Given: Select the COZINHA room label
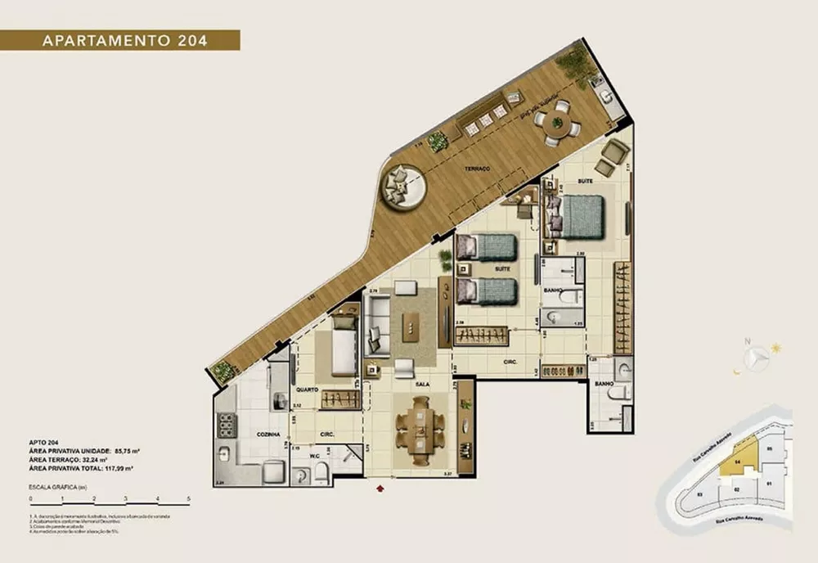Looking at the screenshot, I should tap(267, 434).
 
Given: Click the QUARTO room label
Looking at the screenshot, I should tap(308, 390).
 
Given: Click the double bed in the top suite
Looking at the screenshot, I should tap(582, 216).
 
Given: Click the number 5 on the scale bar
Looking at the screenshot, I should tap(188, 498).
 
